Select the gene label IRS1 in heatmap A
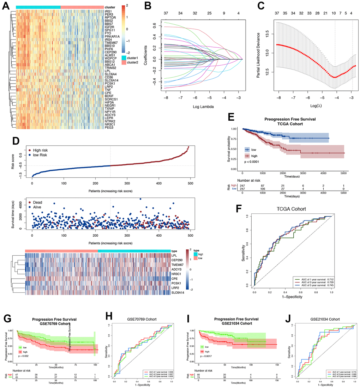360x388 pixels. click(108, 12)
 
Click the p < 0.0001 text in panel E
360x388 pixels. click(252, 161)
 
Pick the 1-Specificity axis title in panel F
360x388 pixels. click(292, 298)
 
